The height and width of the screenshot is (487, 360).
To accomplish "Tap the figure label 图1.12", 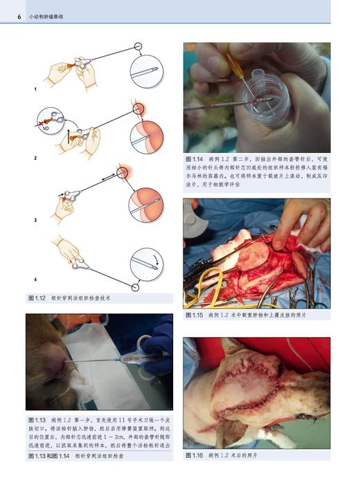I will click(37, 298).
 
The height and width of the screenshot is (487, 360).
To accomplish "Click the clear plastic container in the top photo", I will click(264, 90).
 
